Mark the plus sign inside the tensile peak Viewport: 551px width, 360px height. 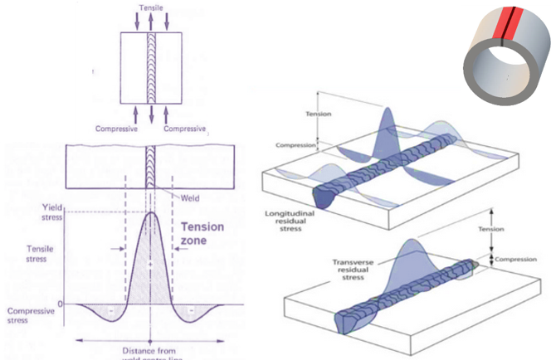pos(149,264)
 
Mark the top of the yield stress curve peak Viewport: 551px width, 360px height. pos(150,212)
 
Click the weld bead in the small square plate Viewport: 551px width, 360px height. pos(150,54)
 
